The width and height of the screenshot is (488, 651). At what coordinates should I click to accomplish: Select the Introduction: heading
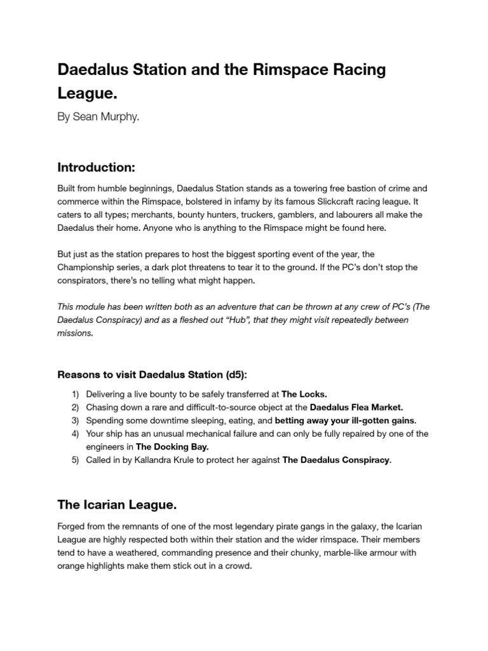click(x=96, y=167)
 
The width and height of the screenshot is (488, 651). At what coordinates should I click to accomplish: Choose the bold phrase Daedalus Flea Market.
click(x=356, y=408)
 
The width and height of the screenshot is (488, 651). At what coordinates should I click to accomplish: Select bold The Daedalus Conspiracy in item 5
click(x=336, y=460)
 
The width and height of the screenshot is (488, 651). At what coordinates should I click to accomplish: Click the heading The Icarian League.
click(x=117, y=505)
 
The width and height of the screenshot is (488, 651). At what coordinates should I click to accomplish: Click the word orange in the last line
click(x=72, y=566)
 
